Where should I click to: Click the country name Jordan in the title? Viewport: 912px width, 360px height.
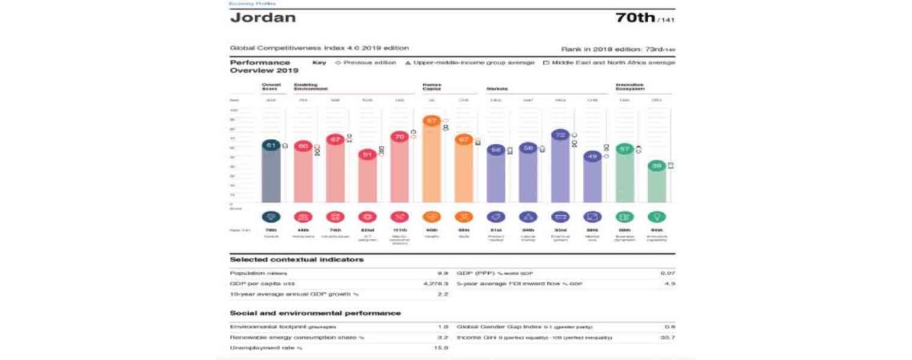[262, 18]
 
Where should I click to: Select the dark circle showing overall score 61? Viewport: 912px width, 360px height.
[271, 146]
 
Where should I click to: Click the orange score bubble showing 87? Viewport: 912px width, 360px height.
[432, 122]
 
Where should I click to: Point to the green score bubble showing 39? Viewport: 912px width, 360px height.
[656, 166]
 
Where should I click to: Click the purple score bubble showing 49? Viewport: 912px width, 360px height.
[592, 157]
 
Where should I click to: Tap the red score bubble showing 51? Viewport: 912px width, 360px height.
[368, 154]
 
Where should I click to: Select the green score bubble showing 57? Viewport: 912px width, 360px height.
[624, 148]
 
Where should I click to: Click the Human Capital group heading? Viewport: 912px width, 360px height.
[431, 86]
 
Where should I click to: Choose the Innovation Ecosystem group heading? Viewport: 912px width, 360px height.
[630, 86]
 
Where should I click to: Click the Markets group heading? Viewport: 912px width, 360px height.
[497, 88]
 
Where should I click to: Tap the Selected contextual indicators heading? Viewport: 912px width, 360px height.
[296, 259]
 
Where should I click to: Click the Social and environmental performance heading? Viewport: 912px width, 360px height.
[315, 313]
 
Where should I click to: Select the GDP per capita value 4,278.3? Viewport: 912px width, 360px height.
[435, 283]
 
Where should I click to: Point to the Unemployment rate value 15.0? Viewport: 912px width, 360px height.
[440, 348]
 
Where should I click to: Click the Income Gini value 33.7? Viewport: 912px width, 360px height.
[667, 338]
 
